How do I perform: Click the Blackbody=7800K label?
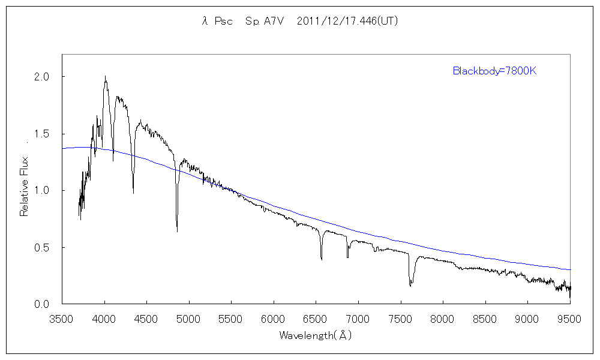pos(494,71)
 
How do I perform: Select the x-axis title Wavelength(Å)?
pos(316,335)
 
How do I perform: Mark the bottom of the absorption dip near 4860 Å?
pos(177,231)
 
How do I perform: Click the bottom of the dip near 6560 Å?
pos(322,259)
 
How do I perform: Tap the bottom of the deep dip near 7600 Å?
pos(410,286)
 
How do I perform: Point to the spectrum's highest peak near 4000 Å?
pos(105,77)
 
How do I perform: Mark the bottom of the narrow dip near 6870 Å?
pos(347,257)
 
